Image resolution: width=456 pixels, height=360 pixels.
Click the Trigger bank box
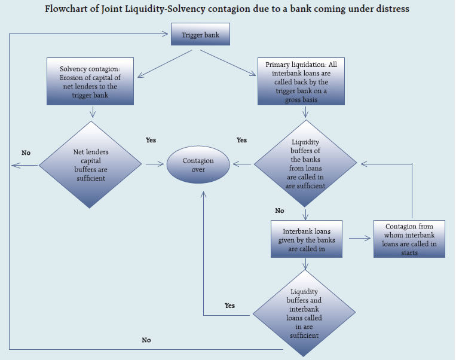pos(200,35)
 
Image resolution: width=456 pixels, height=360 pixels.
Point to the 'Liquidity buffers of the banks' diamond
pos(305,163)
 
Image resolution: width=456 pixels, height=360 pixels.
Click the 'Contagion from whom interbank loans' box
pos(409,239)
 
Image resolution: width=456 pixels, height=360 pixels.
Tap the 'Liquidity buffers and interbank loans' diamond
pos(305,313)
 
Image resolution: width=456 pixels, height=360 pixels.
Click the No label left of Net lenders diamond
pos(26,153)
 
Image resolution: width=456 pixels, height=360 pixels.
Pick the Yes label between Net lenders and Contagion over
pos(151,140)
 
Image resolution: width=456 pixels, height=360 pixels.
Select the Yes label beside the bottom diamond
pos(229,306)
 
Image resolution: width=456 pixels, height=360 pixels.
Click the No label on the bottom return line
pos(146,340)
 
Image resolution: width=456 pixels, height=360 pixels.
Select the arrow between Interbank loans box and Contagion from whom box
pos(357,238)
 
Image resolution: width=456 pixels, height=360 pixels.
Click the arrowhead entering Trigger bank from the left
pos(167,34)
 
